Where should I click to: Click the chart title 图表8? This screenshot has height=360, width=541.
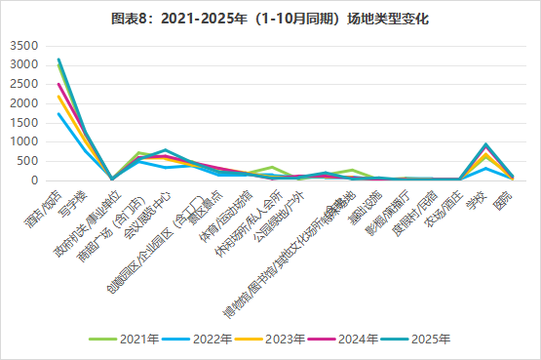click(x=271, y=19)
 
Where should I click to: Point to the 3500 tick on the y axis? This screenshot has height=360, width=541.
click(x=26, y=46)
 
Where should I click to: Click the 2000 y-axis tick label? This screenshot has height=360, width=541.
click(x=26, y=103)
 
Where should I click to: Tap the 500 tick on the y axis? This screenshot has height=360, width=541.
click(x=30, y=161)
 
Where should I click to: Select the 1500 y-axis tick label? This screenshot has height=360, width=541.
click(x=26, y=123)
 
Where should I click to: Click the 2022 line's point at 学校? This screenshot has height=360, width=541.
click(x=485, y=169)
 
